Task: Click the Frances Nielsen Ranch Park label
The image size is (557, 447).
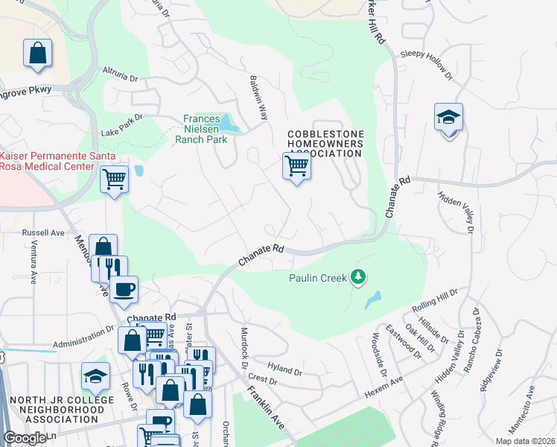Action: point(201,129)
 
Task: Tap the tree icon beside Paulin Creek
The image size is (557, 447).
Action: point(359,278)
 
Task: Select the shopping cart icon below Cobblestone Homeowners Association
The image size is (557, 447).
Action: point(296,166)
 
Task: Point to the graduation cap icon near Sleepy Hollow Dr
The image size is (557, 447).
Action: point(448,118)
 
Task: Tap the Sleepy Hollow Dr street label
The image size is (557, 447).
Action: point(427,64)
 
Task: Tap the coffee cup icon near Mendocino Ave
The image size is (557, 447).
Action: point(124,288)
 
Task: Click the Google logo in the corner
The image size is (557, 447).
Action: point(25,438)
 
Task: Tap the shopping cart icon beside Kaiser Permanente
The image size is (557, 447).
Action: point(114,178)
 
